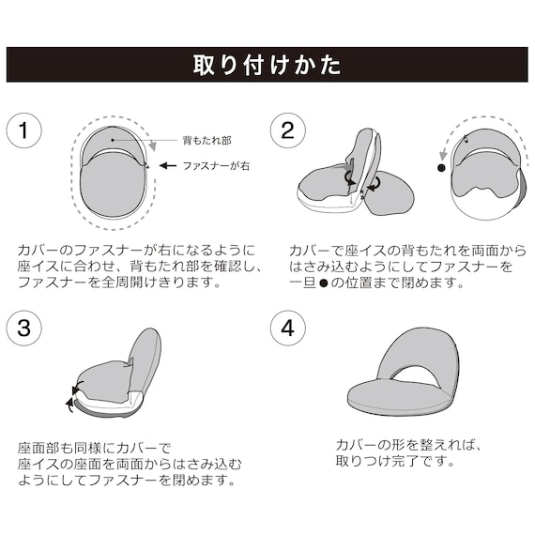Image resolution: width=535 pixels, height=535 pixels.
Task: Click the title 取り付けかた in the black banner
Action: pyautogui.click(x=267, y=66)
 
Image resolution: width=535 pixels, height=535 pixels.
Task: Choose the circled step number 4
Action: pyautogui.click(x=287, y=329)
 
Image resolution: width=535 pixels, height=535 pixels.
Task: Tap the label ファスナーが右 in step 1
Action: pyautogui.click(x=217, y=165)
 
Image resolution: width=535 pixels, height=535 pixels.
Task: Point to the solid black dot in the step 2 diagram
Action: pyautogui.click(x=440, y=170)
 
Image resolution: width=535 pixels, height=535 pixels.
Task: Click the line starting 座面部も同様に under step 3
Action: pyautogui.click(x=94, y=448)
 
